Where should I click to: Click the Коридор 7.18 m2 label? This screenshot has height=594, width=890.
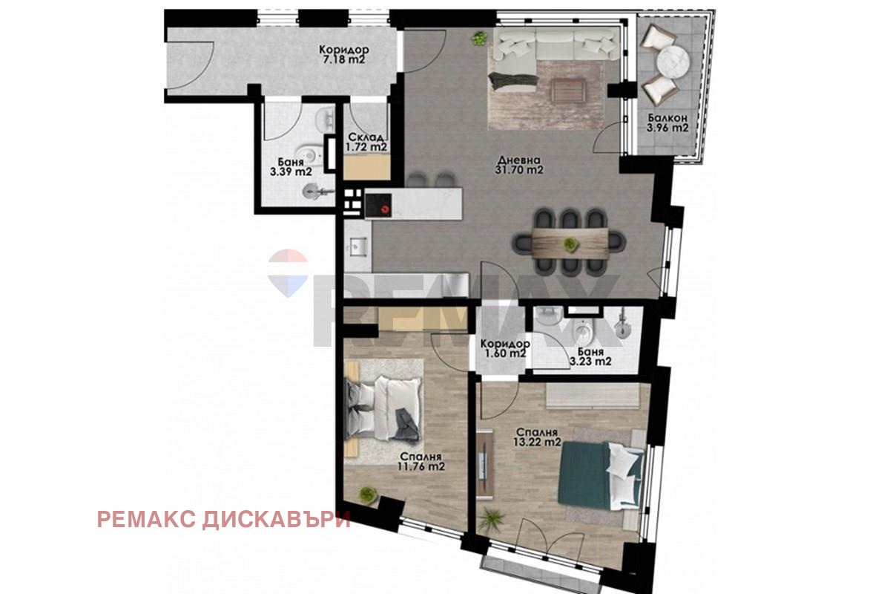click(x=344, y=55)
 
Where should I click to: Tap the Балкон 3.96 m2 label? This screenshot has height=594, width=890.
click(x=667, y=123)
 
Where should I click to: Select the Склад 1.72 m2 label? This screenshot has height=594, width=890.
click(x=366, y=142)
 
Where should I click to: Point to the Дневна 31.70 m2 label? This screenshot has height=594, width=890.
click(x=519, y=165)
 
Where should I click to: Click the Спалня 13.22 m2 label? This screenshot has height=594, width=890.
click(x=537, y=437)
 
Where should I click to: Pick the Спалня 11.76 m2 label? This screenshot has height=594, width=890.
click(x=421, y=462)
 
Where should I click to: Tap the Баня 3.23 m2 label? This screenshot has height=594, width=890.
click(x=590, y=356)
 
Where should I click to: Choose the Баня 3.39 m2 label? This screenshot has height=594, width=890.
click(x=291, y=167)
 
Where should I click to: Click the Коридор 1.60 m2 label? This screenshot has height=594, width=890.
click(x=505, y=348)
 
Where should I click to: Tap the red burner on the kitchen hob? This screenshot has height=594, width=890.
click(x=384, y=209)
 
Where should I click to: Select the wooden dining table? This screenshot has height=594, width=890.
click(x=570, y=244)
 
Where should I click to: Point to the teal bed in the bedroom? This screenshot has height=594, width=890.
click(x=600, y=476)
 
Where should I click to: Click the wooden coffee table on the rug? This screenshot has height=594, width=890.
click(x=569, y=90)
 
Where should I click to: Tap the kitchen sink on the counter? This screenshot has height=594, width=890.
click(x=359, y=246)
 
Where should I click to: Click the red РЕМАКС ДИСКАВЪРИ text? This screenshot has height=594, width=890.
click(x=224, y=520)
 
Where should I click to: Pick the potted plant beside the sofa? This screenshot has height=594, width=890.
click(x=480, y=39)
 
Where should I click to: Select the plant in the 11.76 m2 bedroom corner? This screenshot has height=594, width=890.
click(x=368, y=495)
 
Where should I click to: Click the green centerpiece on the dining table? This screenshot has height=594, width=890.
click(x=570, y=244)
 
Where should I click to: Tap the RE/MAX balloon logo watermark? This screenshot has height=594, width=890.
click(x=288, y=273)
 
